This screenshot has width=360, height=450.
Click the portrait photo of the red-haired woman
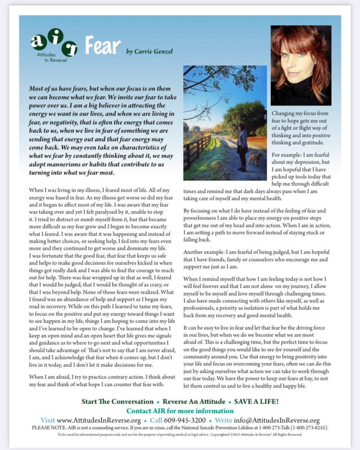[301, 65]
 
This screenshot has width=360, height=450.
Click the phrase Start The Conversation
[117, 402]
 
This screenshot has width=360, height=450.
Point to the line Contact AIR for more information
[180, 411]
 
